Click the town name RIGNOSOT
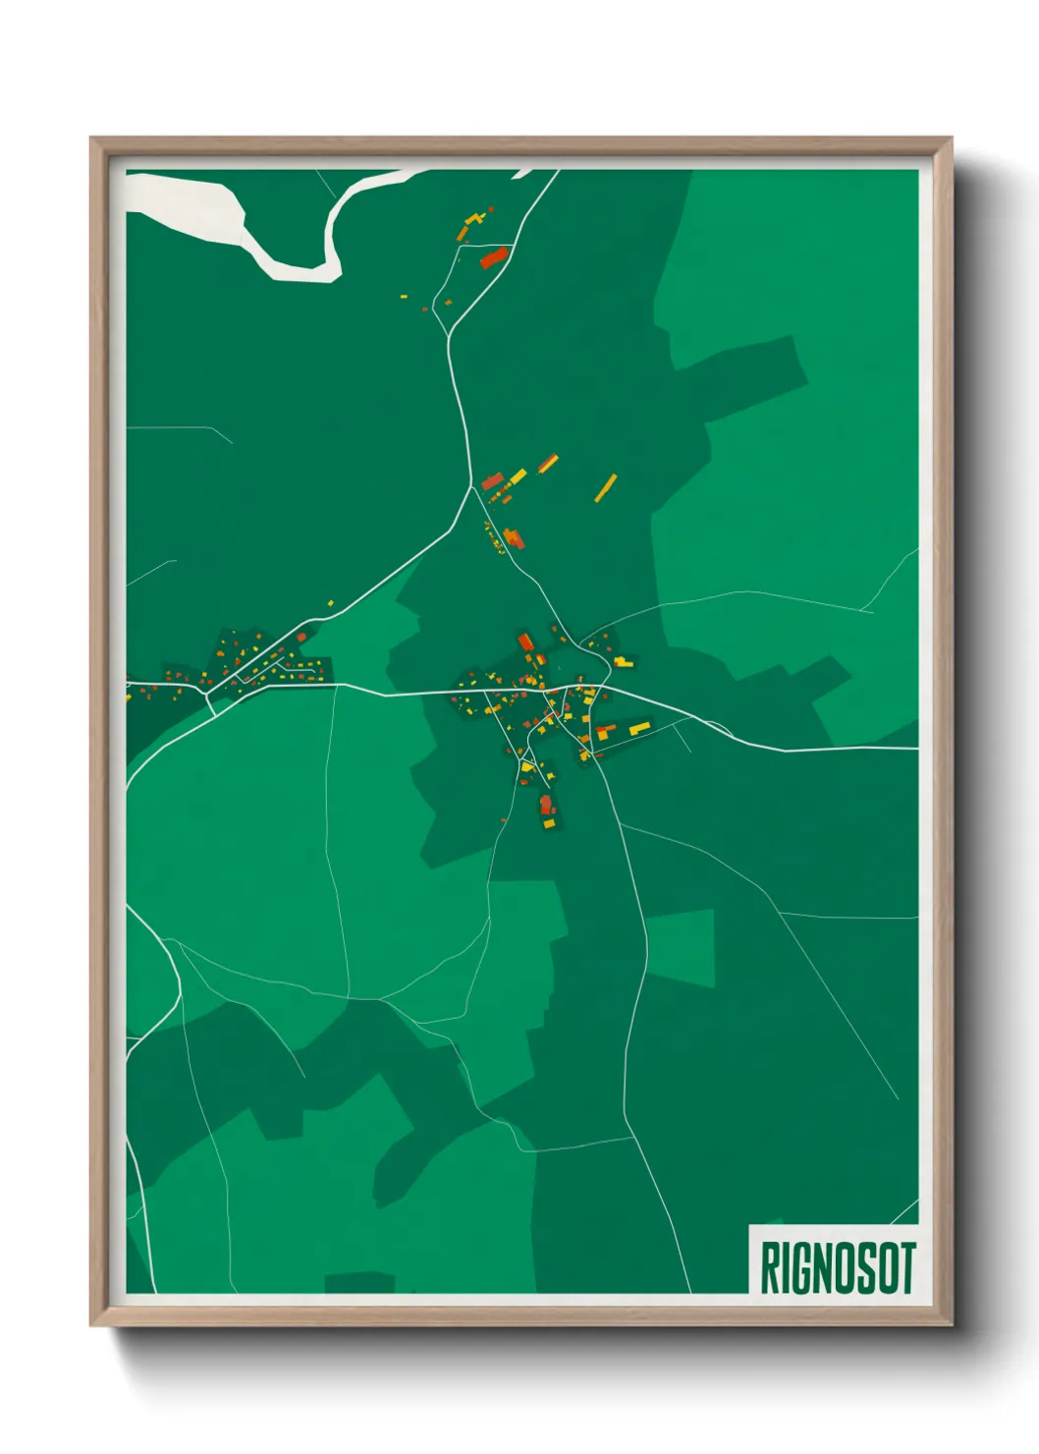(x=838, y=1267)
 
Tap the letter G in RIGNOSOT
(x=795, y=1267)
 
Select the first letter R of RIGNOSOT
(x=769, y=1267)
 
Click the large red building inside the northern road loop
(x=493, y=257)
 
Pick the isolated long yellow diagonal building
(x=605, y=487)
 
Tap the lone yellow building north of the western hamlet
(x=330, y=603)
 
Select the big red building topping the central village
(x=525, y=643)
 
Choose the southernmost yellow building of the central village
(x=549, y=824)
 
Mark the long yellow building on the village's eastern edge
(x=639, y=728)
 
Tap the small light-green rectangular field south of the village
(x=680, y=947)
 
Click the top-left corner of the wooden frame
(x=92, y=140)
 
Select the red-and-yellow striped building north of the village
(x=547, y=463)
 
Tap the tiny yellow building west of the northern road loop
(x=403, y=295)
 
